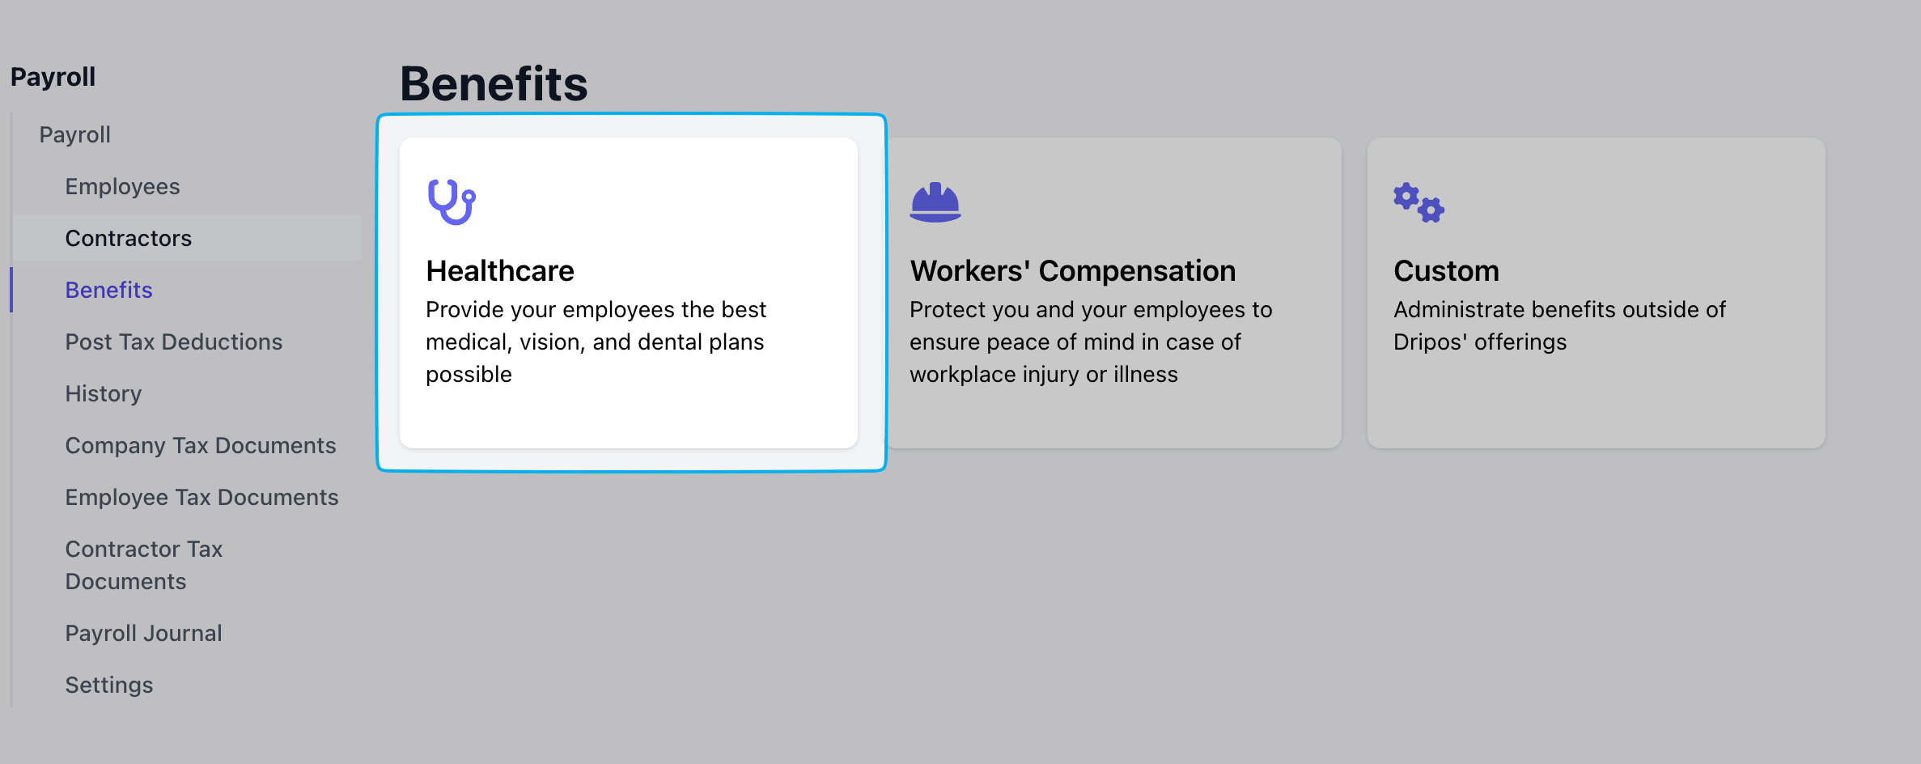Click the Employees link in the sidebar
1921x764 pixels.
point(122,186)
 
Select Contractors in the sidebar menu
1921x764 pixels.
point(129,238)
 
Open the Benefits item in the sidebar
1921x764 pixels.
point(108,290)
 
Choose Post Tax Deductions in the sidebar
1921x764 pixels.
point(174,342)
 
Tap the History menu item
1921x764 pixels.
point(104,393)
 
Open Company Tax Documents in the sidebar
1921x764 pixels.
point(201,445)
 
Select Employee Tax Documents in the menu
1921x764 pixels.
point(202,497)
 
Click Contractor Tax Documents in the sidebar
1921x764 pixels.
point(144,565)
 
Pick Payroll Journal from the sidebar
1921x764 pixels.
point(144,633)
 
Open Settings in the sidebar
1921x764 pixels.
point(109,685)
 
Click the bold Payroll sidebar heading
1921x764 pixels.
point(53,77)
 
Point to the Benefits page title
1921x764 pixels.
point(494,83)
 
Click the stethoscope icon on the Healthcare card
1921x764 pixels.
point(452,202)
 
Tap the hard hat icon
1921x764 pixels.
point(935,202)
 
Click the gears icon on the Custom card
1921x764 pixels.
point(1418,202)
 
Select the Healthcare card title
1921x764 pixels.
point(500,270)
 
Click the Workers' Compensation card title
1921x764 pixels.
point(1073,270)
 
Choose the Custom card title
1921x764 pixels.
point(1446,270)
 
